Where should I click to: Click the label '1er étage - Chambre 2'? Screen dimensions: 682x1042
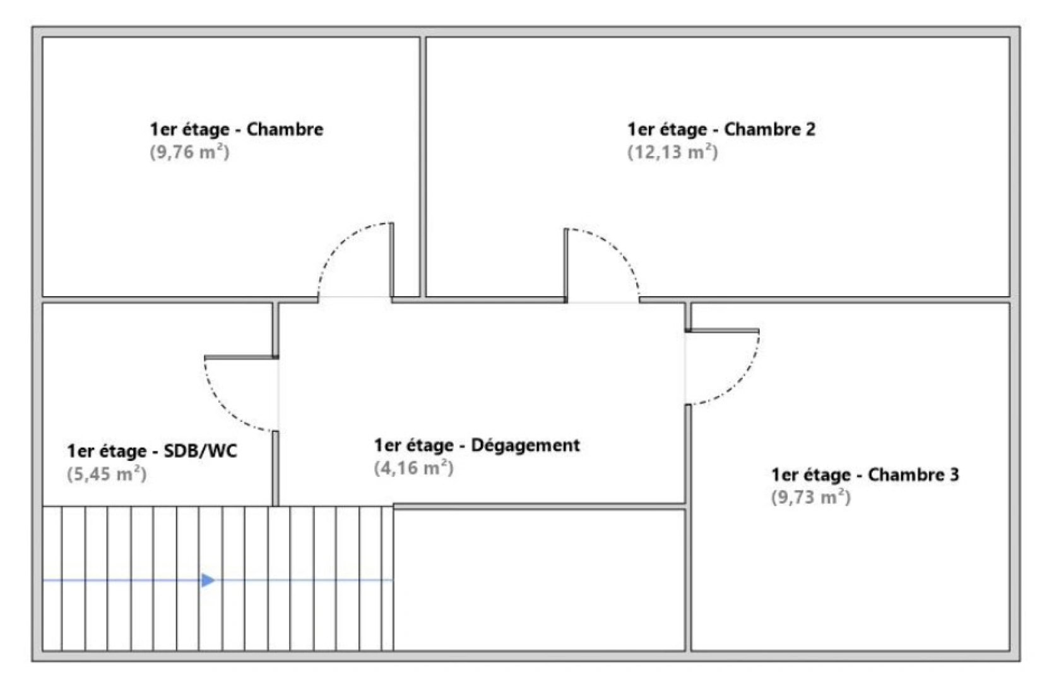(x=721, y=129)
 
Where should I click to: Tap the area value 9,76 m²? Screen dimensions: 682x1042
(x=189, y=152)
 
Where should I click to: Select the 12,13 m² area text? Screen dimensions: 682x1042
(x=672, y=152)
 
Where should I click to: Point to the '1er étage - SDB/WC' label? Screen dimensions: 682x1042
(x=152, y=451)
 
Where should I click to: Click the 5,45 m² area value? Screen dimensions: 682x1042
(x=107, y=474)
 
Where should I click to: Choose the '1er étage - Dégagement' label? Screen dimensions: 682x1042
(x=477, y=445)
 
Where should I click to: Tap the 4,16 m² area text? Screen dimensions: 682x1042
(x=413, y=468)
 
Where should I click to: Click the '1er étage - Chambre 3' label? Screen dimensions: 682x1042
(x=865, y=474)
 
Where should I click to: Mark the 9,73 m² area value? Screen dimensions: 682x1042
(x=810, y=497)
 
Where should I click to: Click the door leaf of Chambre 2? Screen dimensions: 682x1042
(x=566, y=265)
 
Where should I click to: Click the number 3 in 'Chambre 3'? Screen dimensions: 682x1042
(x=954, y=474)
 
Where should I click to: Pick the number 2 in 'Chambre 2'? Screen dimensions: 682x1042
(x=810, y=129)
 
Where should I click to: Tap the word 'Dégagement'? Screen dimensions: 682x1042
(x=526, y=445)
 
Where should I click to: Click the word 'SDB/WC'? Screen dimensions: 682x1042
(x=201, y=451)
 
